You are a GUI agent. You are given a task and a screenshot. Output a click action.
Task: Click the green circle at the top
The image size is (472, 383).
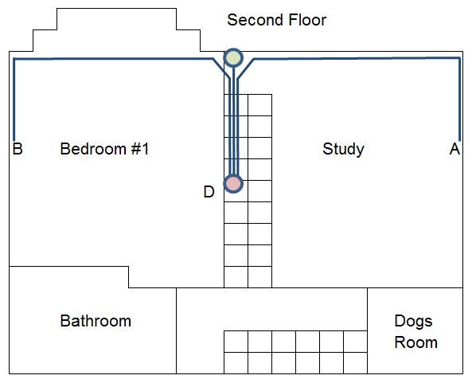click(233, 57)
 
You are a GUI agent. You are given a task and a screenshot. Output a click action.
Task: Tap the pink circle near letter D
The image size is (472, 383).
click(233, 184)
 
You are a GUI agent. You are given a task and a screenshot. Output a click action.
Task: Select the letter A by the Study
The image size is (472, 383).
click(454, 149)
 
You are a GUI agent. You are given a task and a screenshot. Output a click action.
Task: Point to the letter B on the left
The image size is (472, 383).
click(18, 149)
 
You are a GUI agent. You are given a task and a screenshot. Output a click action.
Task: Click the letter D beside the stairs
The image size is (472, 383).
click(209, 192)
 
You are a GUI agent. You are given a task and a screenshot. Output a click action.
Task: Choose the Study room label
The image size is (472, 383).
click(343, 149)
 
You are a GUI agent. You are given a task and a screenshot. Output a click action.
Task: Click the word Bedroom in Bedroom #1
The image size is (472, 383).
click(93, 149)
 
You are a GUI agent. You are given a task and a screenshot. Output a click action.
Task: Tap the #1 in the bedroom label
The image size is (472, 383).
click(140, 149)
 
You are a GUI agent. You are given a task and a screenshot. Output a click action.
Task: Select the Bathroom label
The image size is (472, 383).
click(96, 321)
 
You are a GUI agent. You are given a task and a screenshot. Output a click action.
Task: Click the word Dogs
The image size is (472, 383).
click(413, 322)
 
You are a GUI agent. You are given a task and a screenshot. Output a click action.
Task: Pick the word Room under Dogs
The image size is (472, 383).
click(415, 342)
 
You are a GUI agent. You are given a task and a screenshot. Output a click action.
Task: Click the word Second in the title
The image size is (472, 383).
click(255, 20)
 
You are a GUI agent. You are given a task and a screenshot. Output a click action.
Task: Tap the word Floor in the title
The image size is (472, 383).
click(307, 20)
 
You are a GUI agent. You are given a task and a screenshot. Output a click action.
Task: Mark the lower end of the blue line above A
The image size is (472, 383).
click(459, 140)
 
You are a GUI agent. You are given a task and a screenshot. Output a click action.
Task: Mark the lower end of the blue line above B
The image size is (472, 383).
click(14, 140)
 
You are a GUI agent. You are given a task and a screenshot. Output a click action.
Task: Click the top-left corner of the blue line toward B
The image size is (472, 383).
click(14, 59)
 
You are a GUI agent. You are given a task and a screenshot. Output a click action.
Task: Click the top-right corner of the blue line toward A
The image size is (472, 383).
click(459, 58)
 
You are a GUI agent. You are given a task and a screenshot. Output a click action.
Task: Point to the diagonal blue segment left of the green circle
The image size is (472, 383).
click(221, 68)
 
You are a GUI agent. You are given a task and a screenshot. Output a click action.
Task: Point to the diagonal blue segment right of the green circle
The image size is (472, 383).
click(246, 69)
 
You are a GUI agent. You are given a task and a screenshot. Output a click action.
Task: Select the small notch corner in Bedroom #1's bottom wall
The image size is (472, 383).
click(128, 267)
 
